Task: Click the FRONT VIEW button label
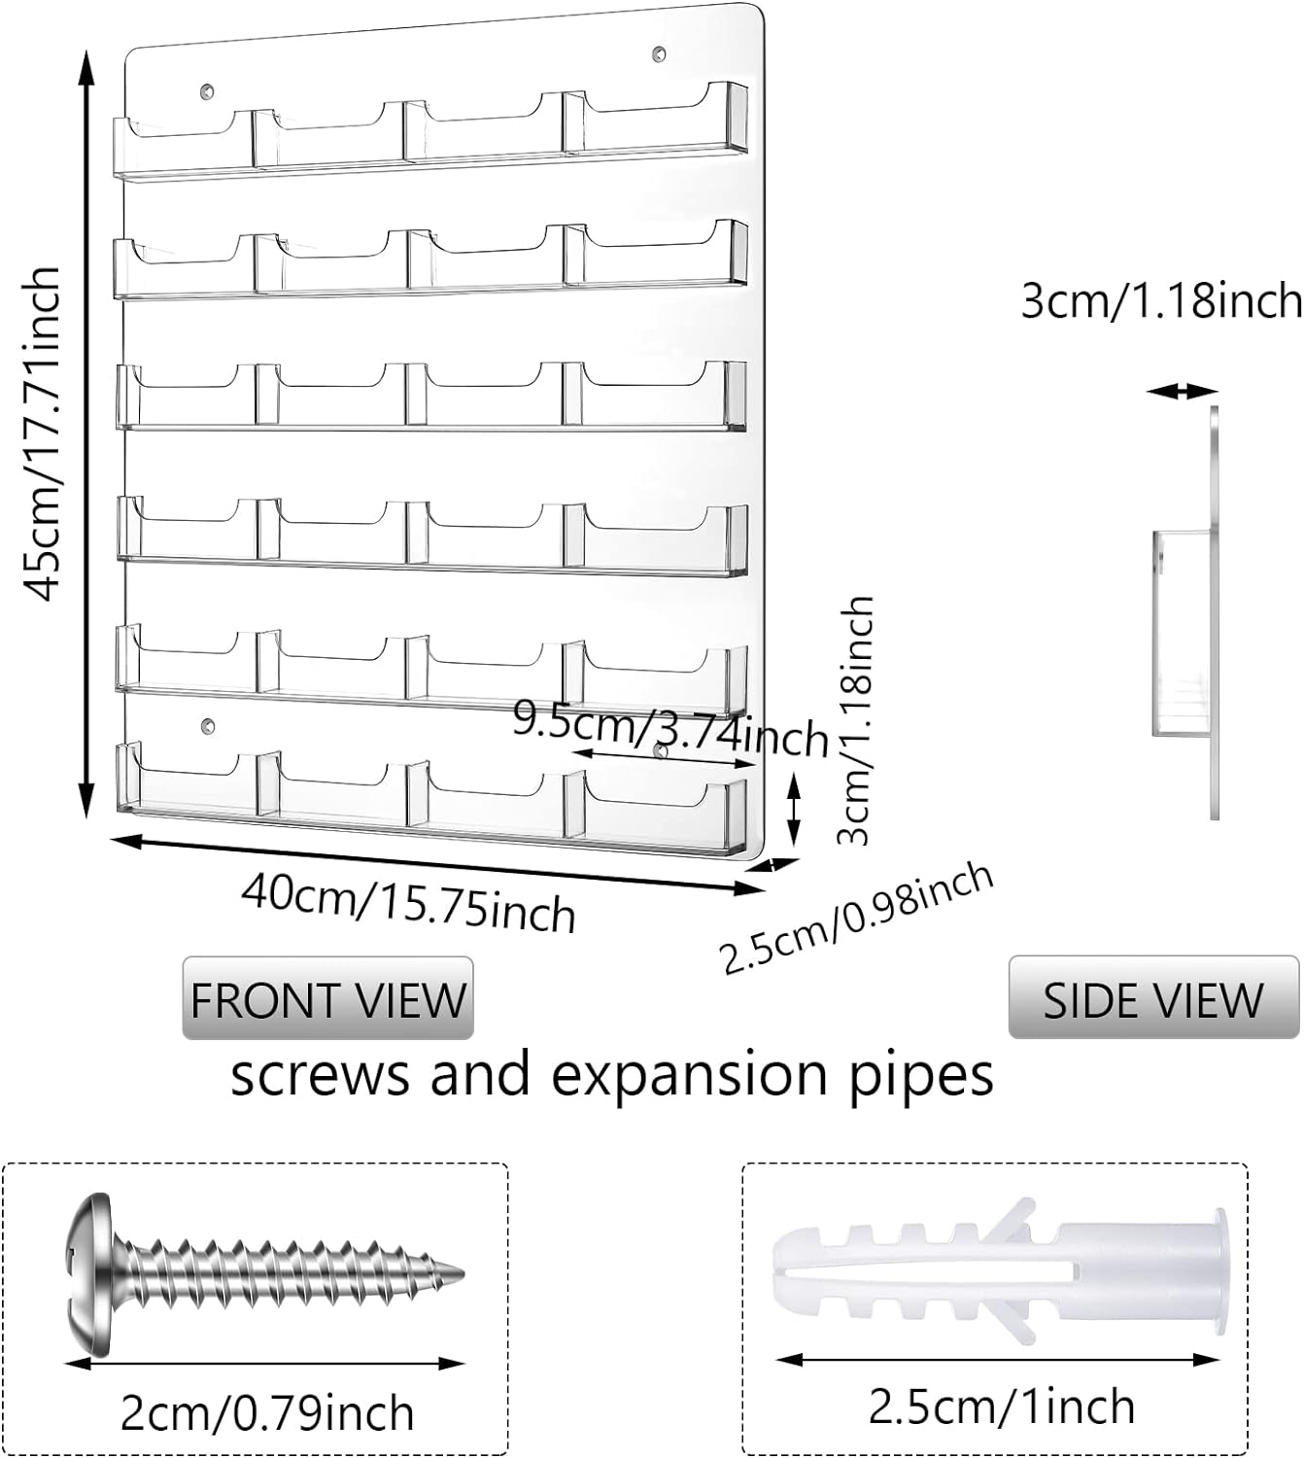coord(327,999)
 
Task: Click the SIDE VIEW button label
coord(1152,999)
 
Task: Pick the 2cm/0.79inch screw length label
coord(266,1412)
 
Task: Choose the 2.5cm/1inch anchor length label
coord(1001,1406)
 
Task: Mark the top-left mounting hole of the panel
coord(206,91)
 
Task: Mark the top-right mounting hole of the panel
coord(658,52)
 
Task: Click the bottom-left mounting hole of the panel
coord(206,725)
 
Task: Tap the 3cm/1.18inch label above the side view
coord(1161,300)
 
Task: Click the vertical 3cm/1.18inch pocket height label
coord(856,719)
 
